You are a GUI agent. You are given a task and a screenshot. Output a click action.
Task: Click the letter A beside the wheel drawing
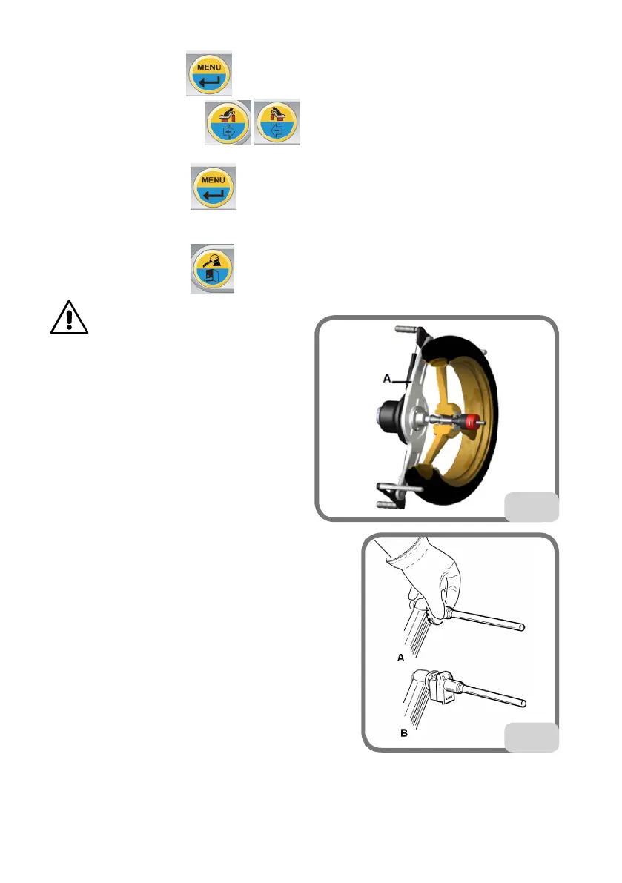tap(387, 380)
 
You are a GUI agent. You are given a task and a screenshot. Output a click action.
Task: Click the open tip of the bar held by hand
tap(523, 626)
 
